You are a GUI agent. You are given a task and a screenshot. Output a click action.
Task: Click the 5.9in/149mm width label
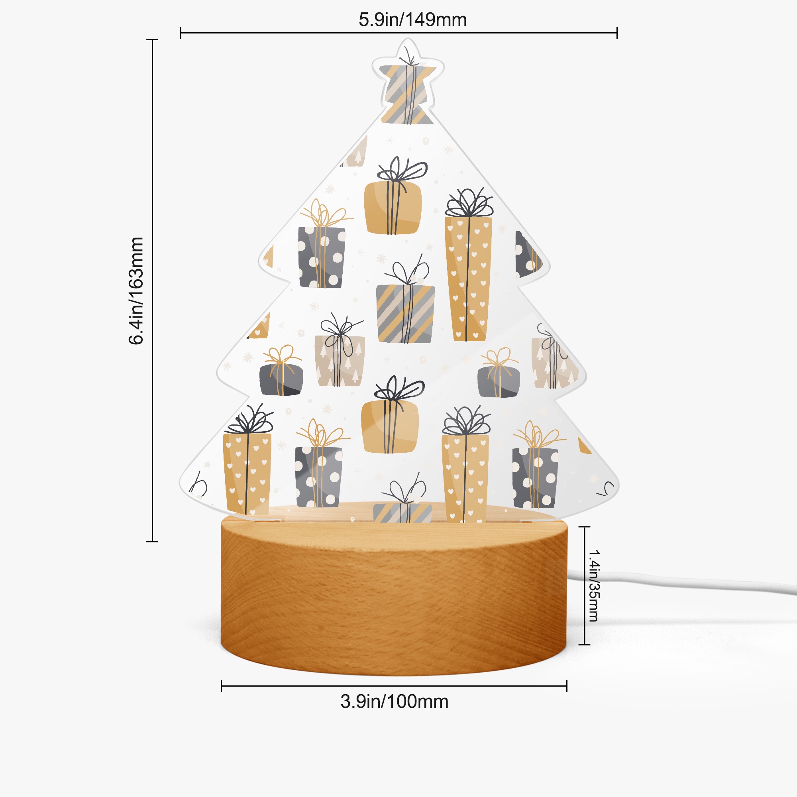412,20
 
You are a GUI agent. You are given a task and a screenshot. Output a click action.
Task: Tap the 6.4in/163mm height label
136,291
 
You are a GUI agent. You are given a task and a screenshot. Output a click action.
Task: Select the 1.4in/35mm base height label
594,585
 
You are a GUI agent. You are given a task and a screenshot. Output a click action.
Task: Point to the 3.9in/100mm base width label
394,701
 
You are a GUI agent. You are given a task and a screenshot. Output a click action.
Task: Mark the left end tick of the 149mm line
181,33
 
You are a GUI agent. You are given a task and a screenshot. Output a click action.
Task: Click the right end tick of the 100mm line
567,687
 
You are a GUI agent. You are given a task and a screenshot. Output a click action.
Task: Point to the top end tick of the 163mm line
152,40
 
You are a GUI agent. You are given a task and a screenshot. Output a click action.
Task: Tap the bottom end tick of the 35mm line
585,644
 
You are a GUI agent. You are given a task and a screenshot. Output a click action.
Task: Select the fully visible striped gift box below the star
405,314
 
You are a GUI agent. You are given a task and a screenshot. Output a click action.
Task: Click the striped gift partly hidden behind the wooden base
402,512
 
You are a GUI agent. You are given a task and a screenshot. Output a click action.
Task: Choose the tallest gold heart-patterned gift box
468,279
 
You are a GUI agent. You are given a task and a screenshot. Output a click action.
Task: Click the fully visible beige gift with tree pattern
340,361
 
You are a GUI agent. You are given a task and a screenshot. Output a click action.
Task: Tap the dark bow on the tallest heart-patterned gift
469,203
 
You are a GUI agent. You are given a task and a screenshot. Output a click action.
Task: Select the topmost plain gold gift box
393,208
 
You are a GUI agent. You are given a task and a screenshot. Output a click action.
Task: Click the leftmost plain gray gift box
281,379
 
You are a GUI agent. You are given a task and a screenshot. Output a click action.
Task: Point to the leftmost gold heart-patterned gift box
247,473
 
